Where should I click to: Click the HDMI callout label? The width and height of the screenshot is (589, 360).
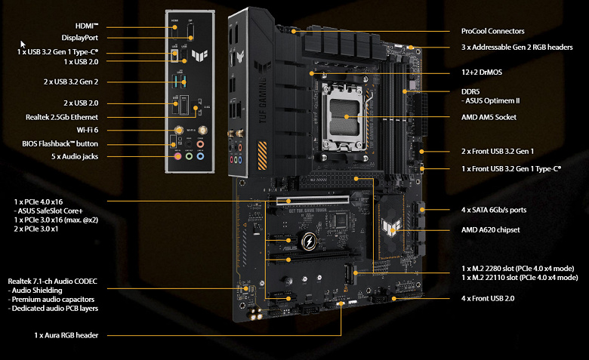[87, 26]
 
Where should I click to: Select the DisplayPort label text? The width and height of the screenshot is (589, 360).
[79, 38]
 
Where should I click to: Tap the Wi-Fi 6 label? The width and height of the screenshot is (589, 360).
[88, 130]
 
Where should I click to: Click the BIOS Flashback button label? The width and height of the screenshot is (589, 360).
[60, 144]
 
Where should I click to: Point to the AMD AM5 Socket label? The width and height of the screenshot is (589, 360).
[489, 117]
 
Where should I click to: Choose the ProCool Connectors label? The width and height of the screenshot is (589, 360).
[492, 31]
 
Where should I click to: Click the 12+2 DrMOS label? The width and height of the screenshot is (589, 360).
[482, 72]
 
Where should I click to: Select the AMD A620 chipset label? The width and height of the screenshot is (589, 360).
[491, 229]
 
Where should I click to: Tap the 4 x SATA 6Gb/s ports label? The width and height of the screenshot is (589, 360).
[494, 210]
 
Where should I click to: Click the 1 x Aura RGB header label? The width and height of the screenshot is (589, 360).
[66, 335]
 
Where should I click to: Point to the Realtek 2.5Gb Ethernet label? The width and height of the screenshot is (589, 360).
[62, 117]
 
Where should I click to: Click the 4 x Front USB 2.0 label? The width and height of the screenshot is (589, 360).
[488, 298]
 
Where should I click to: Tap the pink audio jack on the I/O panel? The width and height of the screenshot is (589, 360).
[177, 155]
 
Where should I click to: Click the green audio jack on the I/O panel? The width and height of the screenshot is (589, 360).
[189, 155]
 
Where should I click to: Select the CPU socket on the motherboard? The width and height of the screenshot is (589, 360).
[344, 116]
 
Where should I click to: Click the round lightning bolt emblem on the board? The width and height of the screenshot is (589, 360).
[309, 241]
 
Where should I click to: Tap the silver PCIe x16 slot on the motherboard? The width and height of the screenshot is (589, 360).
[313, 201]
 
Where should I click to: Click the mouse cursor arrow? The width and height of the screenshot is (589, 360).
[23, 45]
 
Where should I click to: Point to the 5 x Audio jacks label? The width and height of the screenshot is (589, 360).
[74, 156]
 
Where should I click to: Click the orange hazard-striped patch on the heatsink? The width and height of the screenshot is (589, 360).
[262, 155]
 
